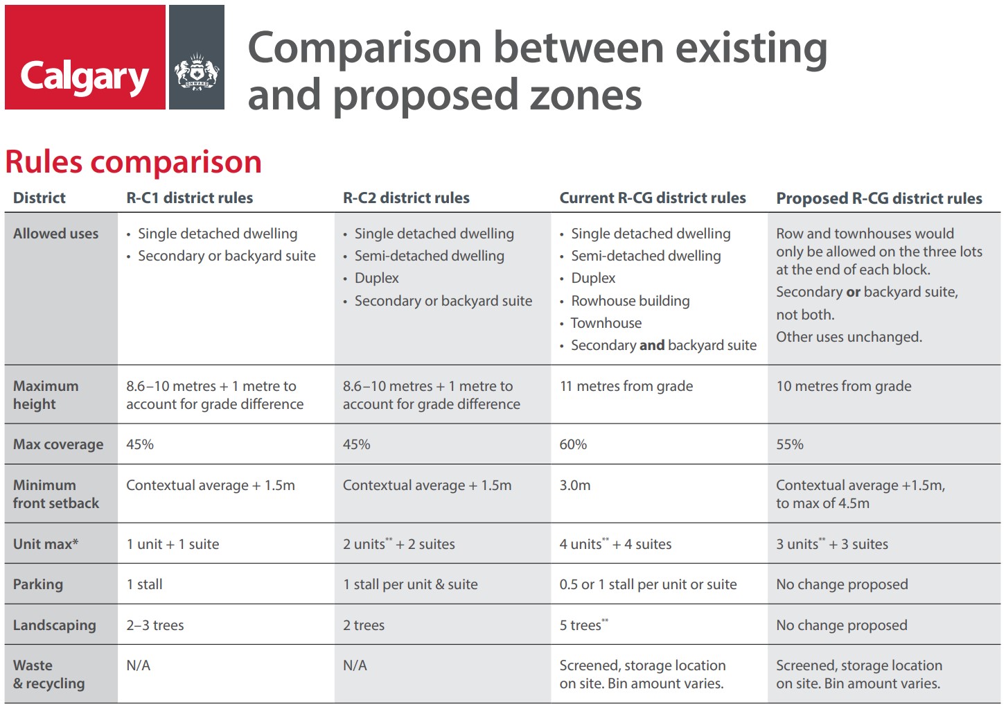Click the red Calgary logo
pos(85,58)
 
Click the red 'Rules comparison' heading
pos(133,162)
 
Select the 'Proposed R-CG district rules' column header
pos(879,198)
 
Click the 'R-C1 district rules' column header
pos(189,198)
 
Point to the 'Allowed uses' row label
pos(55,234)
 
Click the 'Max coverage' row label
pos(58,444)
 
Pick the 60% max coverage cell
pos(573,444)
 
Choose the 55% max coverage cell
pos(790,444)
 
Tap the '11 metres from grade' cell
pos(626,386)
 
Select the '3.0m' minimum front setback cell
pos(575,485)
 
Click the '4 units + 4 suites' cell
pos(615,544)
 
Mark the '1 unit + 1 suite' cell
pos(173,544)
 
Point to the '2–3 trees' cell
pos(155,625)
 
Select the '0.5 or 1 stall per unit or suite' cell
pos(648,584)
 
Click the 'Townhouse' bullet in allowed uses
pos(606,323)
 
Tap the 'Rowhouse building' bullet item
pos(630,301)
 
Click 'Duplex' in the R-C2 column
pos(376,278)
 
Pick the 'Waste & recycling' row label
pos(48,674)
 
